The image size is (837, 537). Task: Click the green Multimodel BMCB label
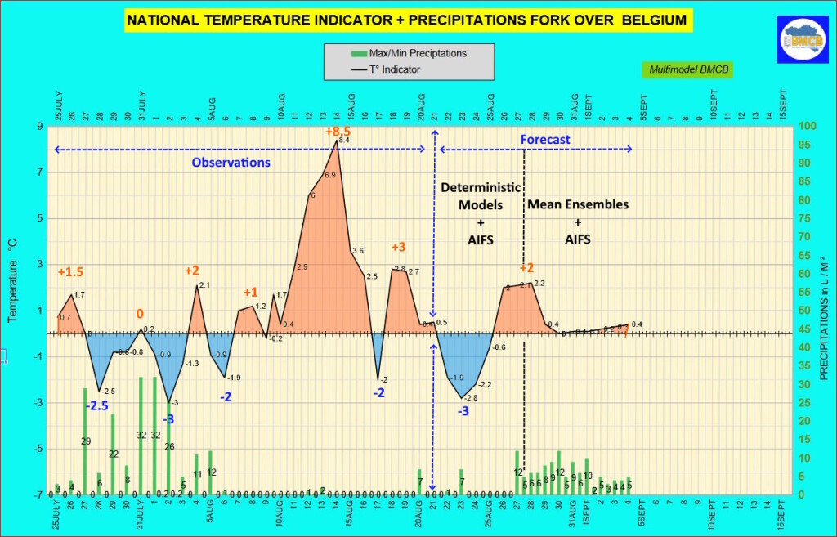tap(687, 70)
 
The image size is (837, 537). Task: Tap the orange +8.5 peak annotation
tap(338, 131)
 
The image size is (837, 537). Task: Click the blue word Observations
tap(231, 163)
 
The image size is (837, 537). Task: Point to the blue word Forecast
tap(545, 140)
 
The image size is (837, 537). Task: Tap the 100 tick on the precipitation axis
tap(807, 127)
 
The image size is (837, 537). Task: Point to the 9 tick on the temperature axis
tap(39, 127)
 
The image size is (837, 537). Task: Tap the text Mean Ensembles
tap(578, 204)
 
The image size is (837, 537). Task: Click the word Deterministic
tap(480, 187)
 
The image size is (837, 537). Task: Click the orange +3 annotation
tap(398, 248)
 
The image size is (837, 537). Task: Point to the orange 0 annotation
tap(140, 314)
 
